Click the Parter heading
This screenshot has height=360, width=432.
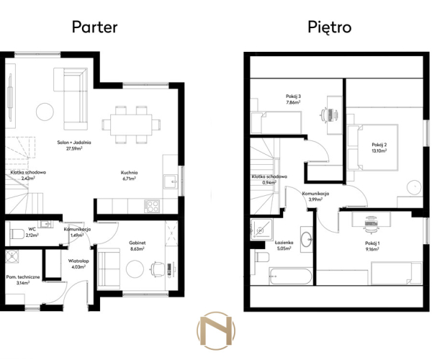coord(94,27)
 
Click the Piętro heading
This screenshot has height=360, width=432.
coord(329,27)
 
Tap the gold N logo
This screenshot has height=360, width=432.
coord(216,330)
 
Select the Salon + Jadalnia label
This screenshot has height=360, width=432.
coord(74,143)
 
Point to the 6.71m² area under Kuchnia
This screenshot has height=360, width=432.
coord(129,179)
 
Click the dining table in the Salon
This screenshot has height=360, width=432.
coord(131,125)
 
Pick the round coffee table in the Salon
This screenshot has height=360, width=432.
coord(45,112)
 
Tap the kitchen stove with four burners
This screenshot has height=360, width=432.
coord(151,206)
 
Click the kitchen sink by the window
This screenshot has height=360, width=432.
coord(171,181)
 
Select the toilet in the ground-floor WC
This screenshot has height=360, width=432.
coord(17,234)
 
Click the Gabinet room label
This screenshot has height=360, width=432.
coord(138,243)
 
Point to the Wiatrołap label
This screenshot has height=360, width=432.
coord(78,261)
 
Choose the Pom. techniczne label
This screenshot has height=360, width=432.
coord(23,276)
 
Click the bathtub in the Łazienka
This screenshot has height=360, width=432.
coord(290,276)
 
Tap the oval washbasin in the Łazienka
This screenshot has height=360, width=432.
coord(306,239)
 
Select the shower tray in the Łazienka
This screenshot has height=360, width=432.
coord(261,230)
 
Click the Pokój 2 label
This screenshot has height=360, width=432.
coord(379,145)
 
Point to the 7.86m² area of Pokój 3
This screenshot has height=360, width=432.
coord(293,102)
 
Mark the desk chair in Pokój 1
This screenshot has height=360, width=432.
coord(371,222)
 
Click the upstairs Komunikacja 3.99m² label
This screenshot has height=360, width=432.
coord(315,197)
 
